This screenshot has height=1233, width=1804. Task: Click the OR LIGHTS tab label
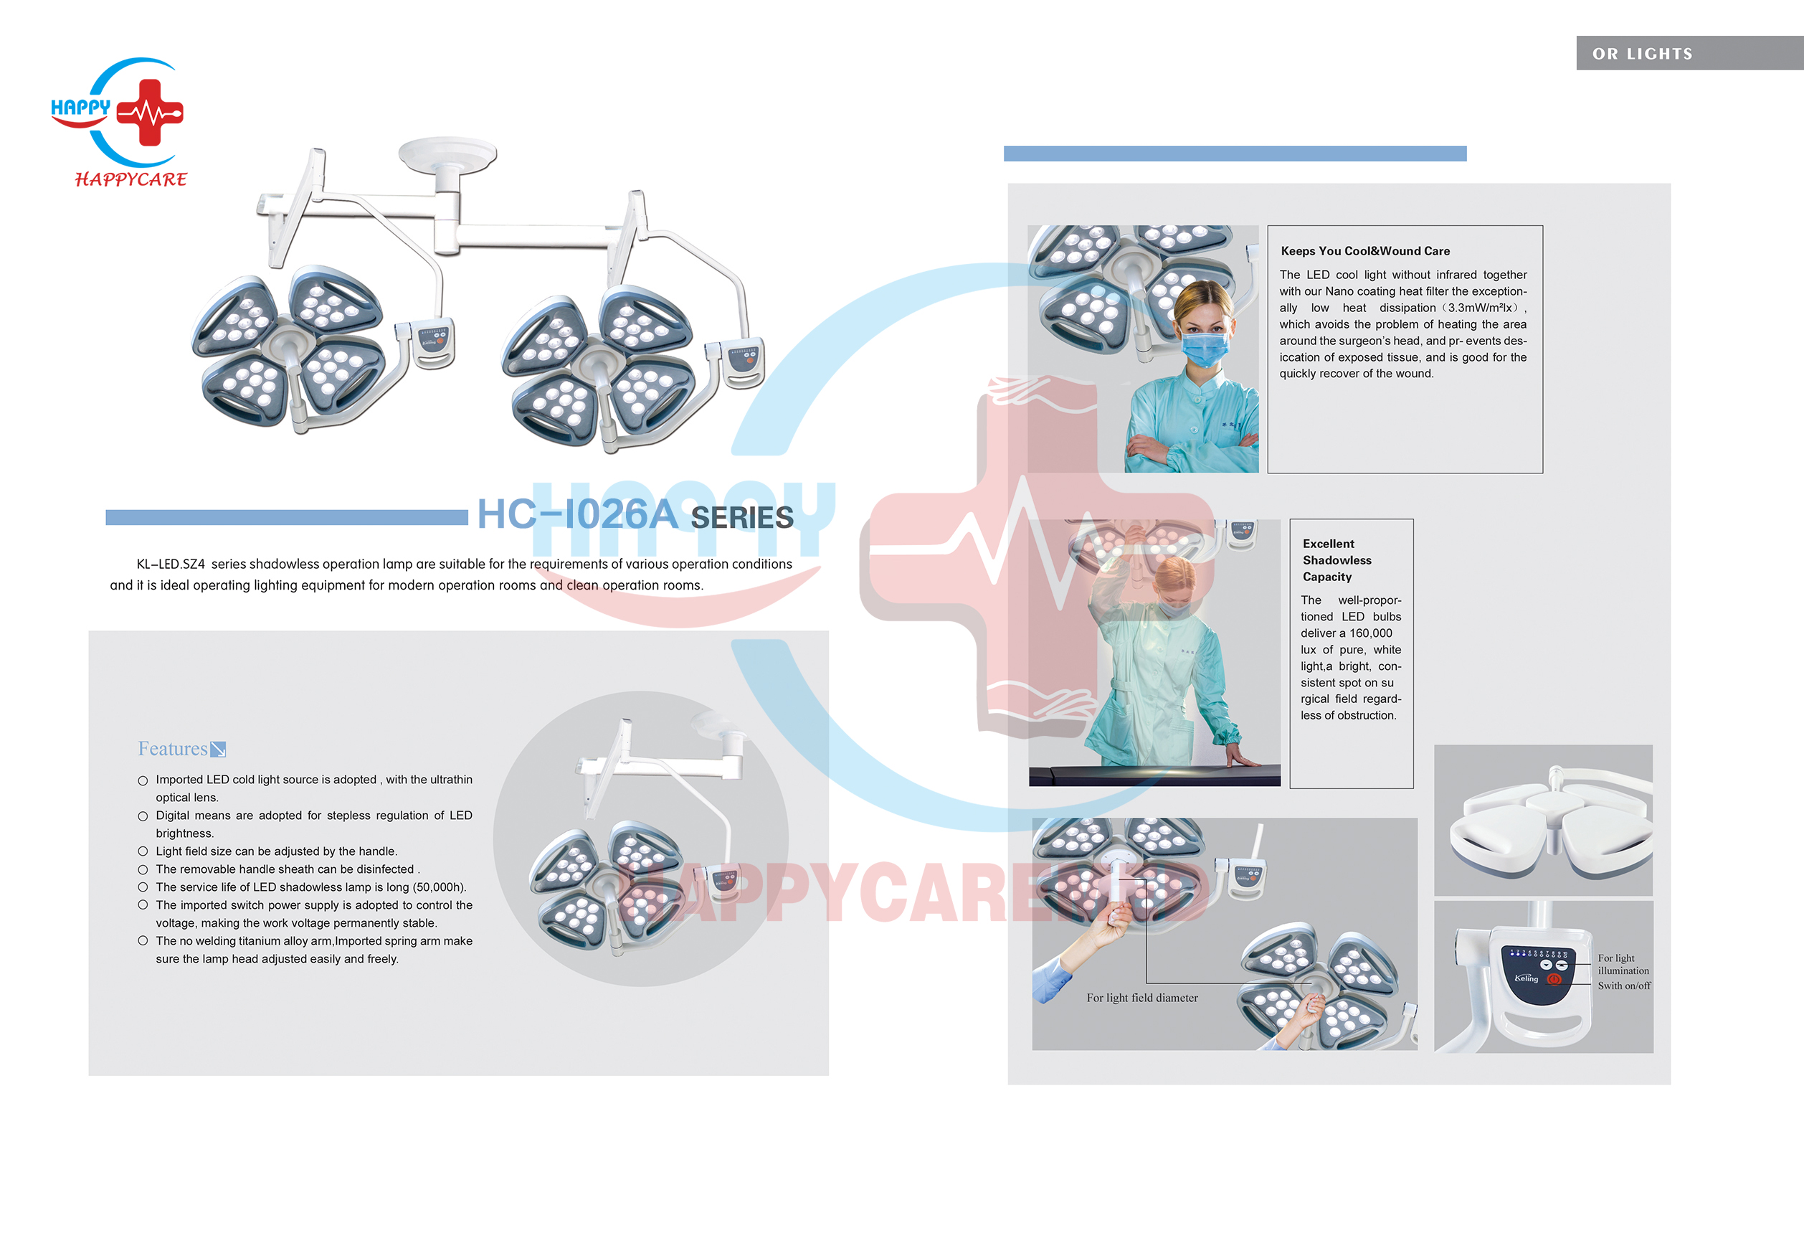[1643, 54]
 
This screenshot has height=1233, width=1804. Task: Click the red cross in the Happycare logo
[150, 113]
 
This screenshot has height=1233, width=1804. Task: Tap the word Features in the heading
[172, 749]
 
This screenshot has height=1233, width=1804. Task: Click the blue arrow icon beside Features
[218, 750]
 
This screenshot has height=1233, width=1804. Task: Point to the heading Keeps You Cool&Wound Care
[1365, 251]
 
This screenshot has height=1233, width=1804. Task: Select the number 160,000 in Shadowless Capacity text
[1371, 633]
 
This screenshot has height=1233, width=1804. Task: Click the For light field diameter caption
[1142, 998]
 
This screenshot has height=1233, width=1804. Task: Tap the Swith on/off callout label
[1624, 986]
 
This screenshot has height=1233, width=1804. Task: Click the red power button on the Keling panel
[1554, 979]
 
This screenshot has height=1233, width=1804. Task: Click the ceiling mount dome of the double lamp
[448, 153]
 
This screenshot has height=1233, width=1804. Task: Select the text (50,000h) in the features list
[440, 887]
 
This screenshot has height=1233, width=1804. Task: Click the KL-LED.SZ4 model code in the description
[171, 564]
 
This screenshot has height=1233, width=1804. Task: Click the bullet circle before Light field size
[143, 851]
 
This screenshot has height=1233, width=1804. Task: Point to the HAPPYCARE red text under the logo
[131, 179]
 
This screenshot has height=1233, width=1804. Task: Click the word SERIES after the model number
[742, 518]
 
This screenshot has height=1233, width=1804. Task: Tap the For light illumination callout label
[1623, 964]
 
